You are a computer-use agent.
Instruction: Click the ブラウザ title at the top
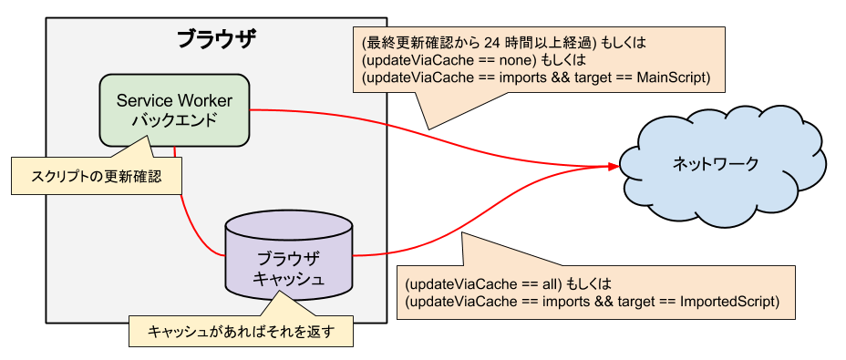[x=216, y=39]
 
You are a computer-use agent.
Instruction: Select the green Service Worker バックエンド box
[x=174, y=109]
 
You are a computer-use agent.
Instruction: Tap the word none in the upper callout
[x=504, y=60]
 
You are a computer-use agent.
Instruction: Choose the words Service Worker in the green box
[x=174, y=99]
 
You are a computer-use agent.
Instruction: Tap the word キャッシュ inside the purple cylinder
[x=288, y=278]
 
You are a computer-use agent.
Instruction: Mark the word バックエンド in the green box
[x=174, y=119]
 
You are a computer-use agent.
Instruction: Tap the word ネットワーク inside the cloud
[x=715, y=164]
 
